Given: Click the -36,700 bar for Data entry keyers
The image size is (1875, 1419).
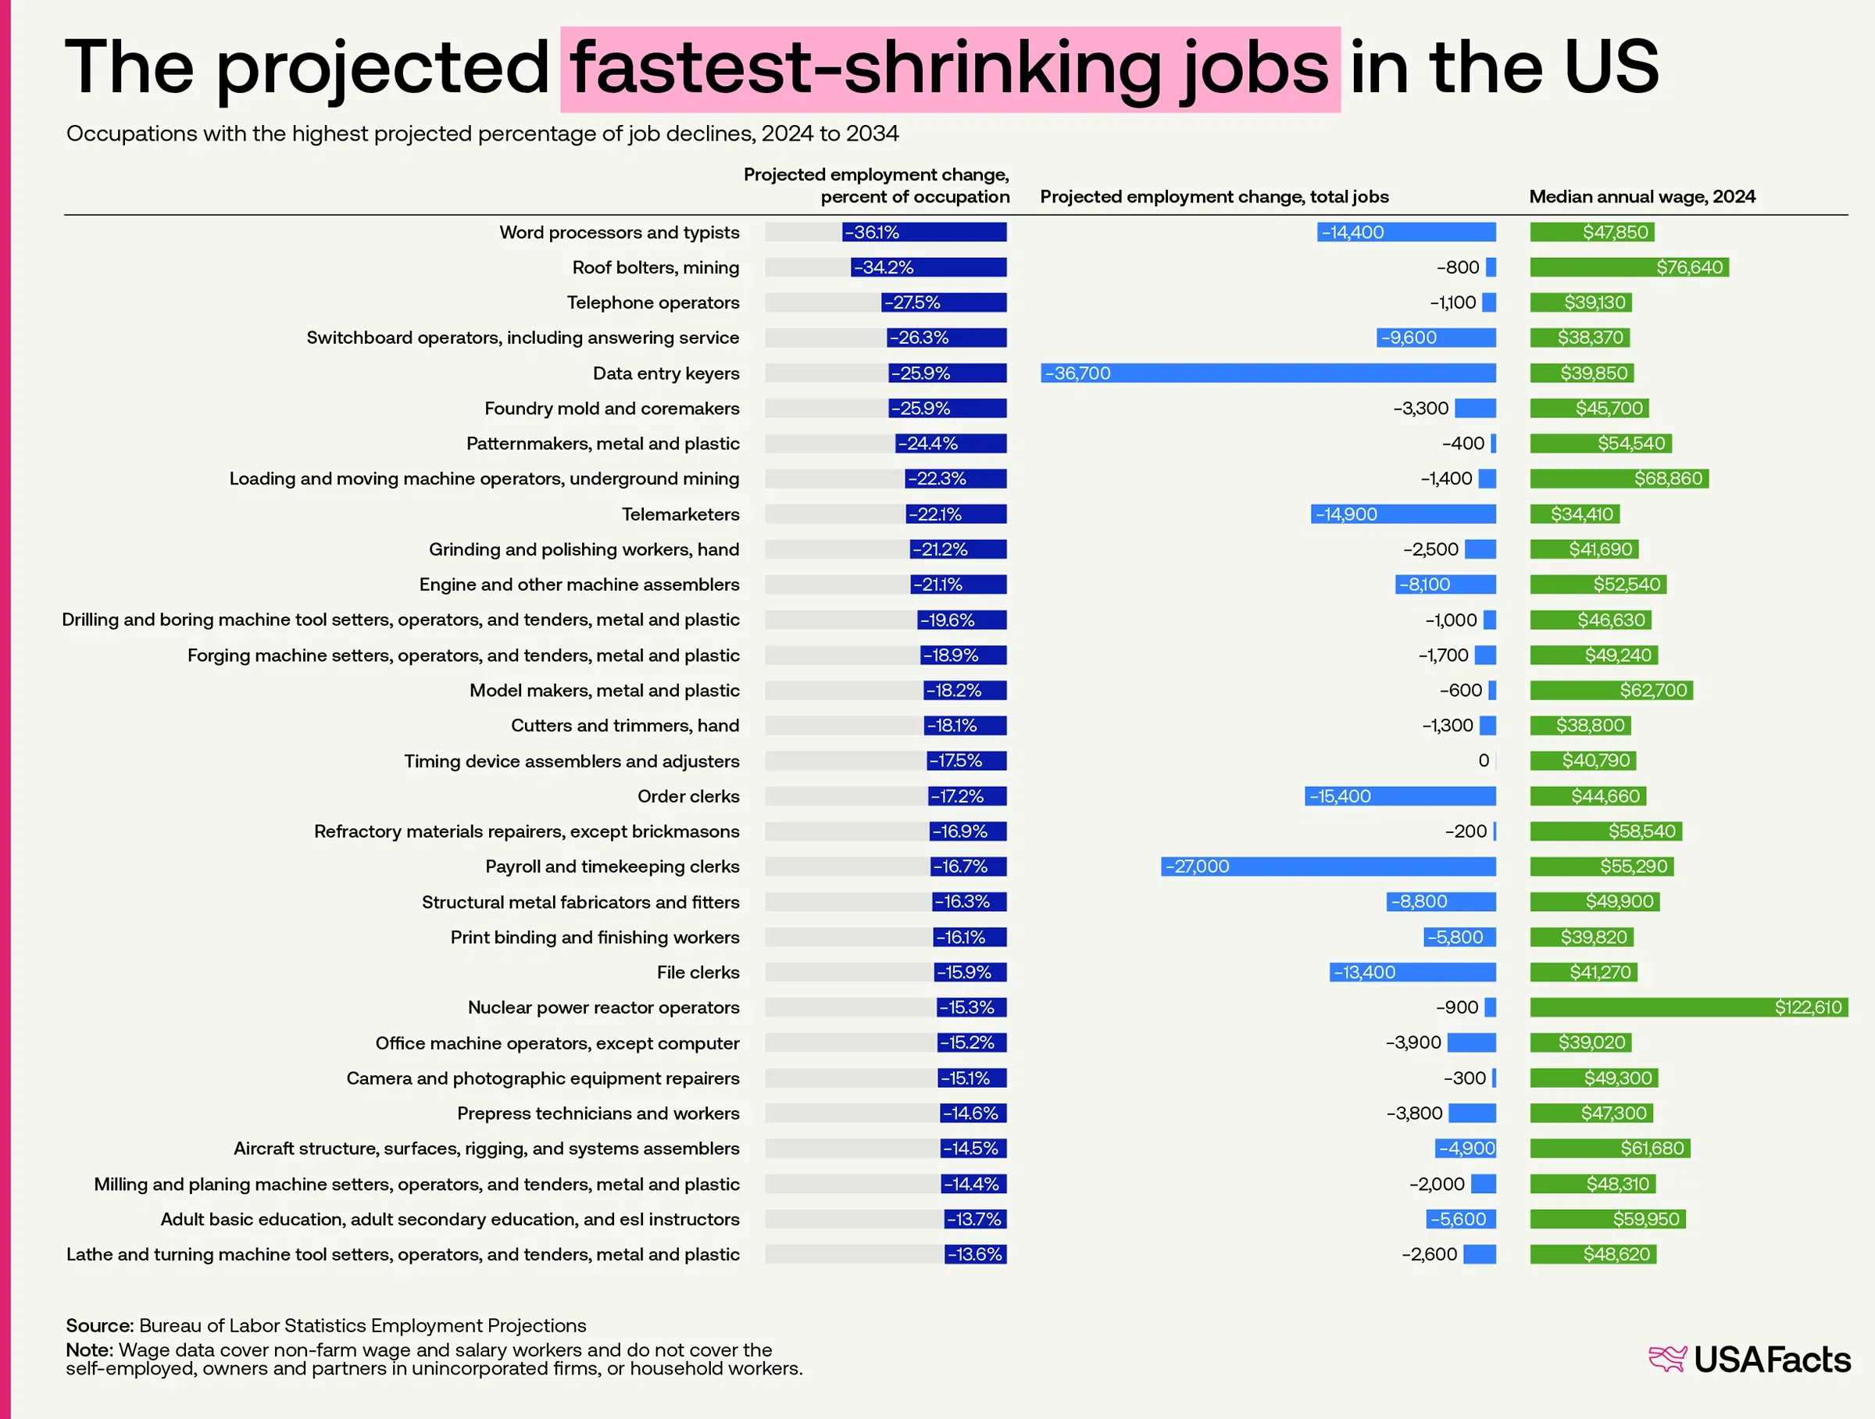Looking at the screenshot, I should coord(1267,373).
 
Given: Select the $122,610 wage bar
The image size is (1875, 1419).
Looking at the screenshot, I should coord(1687,1007).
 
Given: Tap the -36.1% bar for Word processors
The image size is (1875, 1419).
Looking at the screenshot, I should coord(924,232).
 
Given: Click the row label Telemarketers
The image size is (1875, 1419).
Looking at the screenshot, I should coord(680,513).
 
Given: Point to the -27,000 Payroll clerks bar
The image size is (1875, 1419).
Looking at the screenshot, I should coord(1327,867).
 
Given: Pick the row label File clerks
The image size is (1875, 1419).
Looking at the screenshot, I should coord(698,972).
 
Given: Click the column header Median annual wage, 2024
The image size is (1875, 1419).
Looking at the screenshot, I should coord(1641,197).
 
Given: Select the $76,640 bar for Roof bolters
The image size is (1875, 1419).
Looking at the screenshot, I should coord(1628,268).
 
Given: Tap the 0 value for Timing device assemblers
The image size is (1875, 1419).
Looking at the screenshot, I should coord(1484,761).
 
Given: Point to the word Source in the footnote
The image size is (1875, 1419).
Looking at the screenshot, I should coord(99,1325).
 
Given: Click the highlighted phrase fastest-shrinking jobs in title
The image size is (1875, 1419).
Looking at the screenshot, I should coord(949,68).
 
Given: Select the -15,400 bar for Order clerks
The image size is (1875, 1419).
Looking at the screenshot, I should coord(1399,796).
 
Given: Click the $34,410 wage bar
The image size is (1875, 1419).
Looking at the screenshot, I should coord(1574,513).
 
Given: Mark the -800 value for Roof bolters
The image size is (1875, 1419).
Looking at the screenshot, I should coord(1457,268).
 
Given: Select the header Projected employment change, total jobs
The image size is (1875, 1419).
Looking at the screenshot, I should coord(1214,197).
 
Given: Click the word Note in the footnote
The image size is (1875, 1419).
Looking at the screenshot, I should coord(89,1349).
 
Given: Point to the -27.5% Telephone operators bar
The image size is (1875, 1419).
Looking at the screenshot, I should coord(944,302).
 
